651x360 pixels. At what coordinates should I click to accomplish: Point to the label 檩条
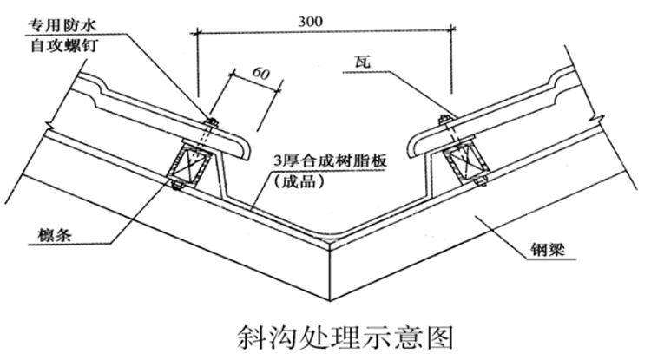[51, 236]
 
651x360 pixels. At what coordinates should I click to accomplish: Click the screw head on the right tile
[444, 119]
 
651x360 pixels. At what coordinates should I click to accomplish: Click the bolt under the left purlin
[174, 184]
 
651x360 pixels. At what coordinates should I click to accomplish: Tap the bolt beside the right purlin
[480, 180]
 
